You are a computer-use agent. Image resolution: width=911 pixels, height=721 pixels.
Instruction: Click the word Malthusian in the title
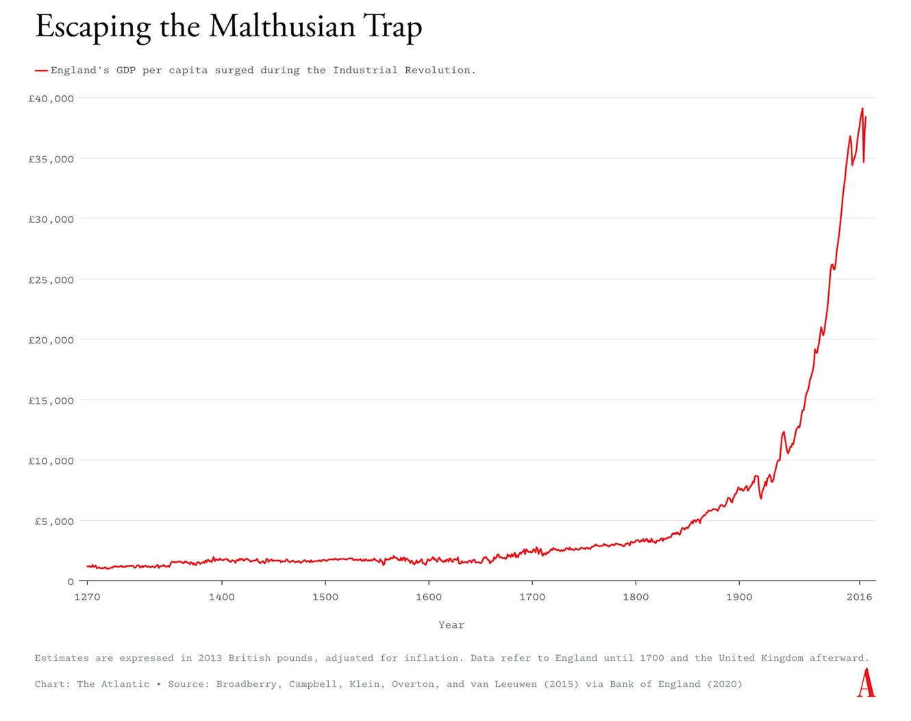[x=282, y=27]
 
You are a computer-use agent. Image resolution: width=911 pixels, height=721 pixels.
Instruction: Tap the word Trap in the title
[x=393, y=28]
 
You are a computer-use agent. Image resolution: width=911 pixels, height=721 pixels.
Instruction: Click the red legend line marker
[x=41, y=71]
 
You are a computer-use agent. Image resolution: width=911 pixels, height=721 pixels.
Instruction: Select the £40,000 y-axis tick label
[x=51, y=99]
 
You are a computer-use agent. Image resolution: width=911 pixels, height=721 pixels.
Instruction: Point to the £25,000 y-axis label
[x=51, y=280]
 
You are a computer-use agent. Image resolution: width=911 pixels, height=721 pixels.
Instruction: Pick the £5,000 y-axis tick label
[x=54, y=522]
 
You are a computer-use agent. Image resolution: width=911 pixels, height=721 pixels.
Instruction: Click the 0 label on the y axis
[x=71, y=582]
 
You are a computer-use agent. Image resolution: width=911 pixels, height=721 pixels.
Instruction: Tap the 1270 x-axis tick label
[x=87, y=597]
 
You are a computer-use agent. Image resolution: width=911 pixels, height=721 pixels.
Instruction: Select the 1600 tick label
[x=429, y=597]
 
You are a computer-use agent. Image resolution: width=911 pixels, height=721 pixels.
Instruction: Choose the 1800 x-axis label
[x=636, y=597]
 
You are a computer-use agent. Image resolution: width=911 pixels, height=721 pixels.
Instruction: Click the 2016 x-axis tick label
[x=859, y=597]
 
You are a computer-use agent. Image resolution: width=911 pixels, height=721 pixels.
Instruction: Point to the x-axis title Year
[x=451, y=625]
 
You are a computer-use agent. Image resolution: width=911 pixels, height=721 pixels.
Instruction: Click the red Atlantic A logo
[x=866, y=683]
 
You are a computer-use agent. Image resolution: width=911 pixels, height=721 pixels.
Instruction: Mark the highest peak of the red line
[x=862, y=108]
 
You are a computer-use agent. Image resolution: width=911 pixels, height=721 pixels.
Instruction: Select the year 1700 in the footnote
[x=651, y=658]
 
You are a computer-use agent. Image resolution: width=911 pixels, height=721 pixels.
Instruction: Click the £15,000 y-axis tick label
[x=51, y=401]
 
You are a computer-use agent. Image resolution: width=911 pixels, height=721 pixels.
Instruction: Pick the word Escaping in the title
[x=92, y=28]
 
